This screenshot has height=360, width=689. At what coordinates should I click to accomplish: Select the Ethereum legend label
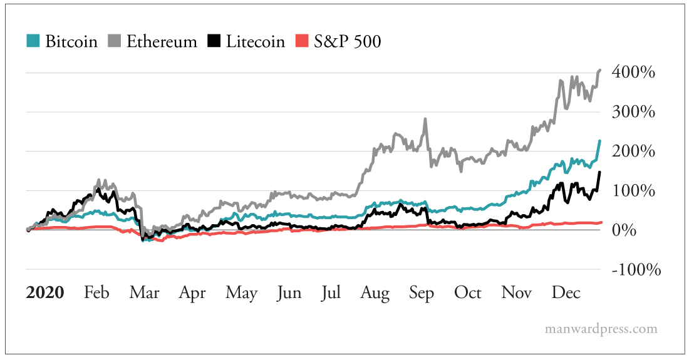(161, 41)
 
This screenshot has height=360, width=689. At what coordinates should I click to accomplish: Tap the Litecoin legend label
(255, 41)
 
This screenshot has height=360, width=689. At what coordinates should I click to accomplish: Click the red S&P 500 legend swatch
(303, 41)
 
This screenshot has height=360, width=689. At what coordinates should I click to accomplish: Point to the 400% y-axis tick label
(634, 73)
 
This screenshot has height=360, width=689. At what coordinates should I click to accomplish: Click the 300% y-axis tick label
(634, 112)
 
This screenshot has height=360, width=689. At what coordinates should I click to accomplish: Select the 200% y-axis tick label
(634, 152)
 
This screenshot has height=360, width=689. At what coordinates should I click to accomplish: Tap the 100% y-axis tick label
(634, 191)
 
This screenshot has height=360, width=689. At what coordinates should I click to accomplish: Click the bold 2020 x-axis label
(45, 292)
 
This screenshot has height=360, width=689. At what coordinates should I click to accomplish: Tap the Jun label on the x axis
(289, 292)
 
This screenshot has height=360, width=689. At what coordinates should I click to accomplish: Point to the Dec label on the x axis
(565, 292)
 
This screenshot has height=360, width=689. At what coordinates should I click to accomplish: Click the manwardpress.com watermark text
(601, 329)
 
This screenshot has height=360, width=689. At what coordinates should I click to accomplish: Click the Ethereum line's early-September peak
(426, 119)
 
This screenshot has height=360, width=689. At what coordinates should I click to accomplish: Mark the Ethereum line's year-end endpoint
(600, 69)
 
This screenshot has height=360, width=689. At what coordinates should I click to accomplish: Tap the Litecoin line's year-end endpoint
(599, 172)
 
